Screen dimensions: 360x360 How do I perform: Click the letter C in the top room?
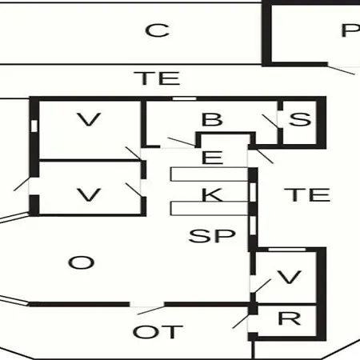(158, 30)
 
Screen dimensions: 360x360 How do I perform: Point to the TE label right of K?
(307, 195)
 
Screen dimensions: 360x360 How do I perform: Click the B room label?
(212, 119)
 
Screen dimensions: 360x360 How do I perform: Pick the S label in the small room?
(300, 119)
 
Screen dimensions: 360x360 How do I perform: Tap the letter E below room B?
(212, 158)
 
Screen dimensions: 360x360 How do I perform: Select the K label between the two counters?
(212, 194)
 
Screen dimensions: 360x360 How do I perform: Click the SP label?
(212, 236)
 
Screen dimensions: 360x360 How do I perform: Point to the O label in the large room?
(81, 262)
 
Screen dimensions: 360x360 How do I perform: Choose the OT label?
(158, 332)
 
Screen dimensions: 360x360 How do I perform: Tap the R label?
(290, 318)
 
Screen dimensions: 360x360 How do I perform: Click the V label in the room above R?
(290, 278)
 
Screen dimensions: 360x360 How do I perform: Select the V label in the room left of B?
(89, 119)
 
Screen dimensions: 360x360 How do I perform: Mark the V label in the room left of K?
(89, 195)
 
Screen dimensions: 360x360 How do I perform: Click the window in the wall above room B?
(184, 98)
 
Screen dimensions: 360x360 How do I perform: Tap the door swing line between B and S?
(270, 122)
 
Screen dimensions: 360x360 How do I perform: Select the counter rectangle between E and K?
(210, 174)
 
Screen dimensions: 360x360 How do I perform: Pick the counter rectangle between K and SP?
(210, 208)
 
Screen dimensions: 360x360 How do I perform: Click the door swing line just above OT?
(151, 310)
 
